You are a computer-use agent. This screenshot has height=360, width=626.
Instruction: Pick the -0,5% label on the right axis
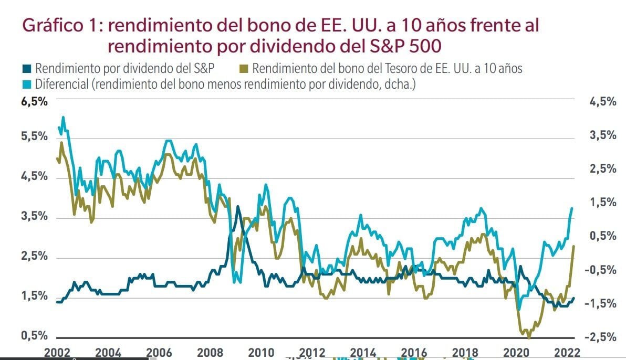[x=601, y=270]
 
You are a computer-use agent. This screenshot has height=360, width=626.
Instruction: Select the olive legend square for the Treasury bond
[x=244, y=68]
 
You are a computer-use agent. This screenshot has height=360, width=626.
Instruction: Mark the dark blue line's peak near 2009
[x=238, y=206]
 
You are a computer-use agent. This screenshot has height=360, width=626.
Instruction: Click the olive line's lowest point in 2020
[x=528, y=337]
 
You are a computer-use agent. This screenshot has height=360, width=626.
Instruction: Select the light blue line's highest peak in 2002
[x=64, y=117]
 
